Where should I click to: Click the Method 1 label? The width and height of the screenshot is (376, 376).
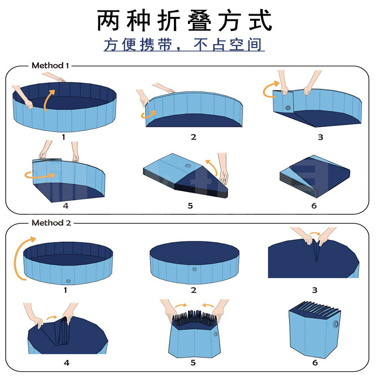[50, 65]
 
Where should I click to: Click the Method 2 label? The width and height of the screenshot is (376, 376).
[51, 223]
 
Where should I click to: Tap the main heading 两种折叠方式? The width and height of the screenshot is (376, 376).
[185, 21]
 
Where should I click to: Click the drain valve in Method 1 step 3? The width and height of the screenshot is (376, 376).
[287, 109]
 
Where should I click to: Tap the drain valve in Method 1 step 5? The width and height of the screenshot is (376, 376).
[188, 167]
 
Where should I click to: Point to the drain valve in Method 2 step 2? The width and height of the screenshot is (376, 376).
[194, 270]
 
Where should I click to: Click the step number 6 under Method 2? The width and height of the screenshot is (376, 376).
[315, 362]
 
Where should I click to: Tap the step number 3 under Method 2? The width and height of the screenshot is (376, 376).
[315, 290]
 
